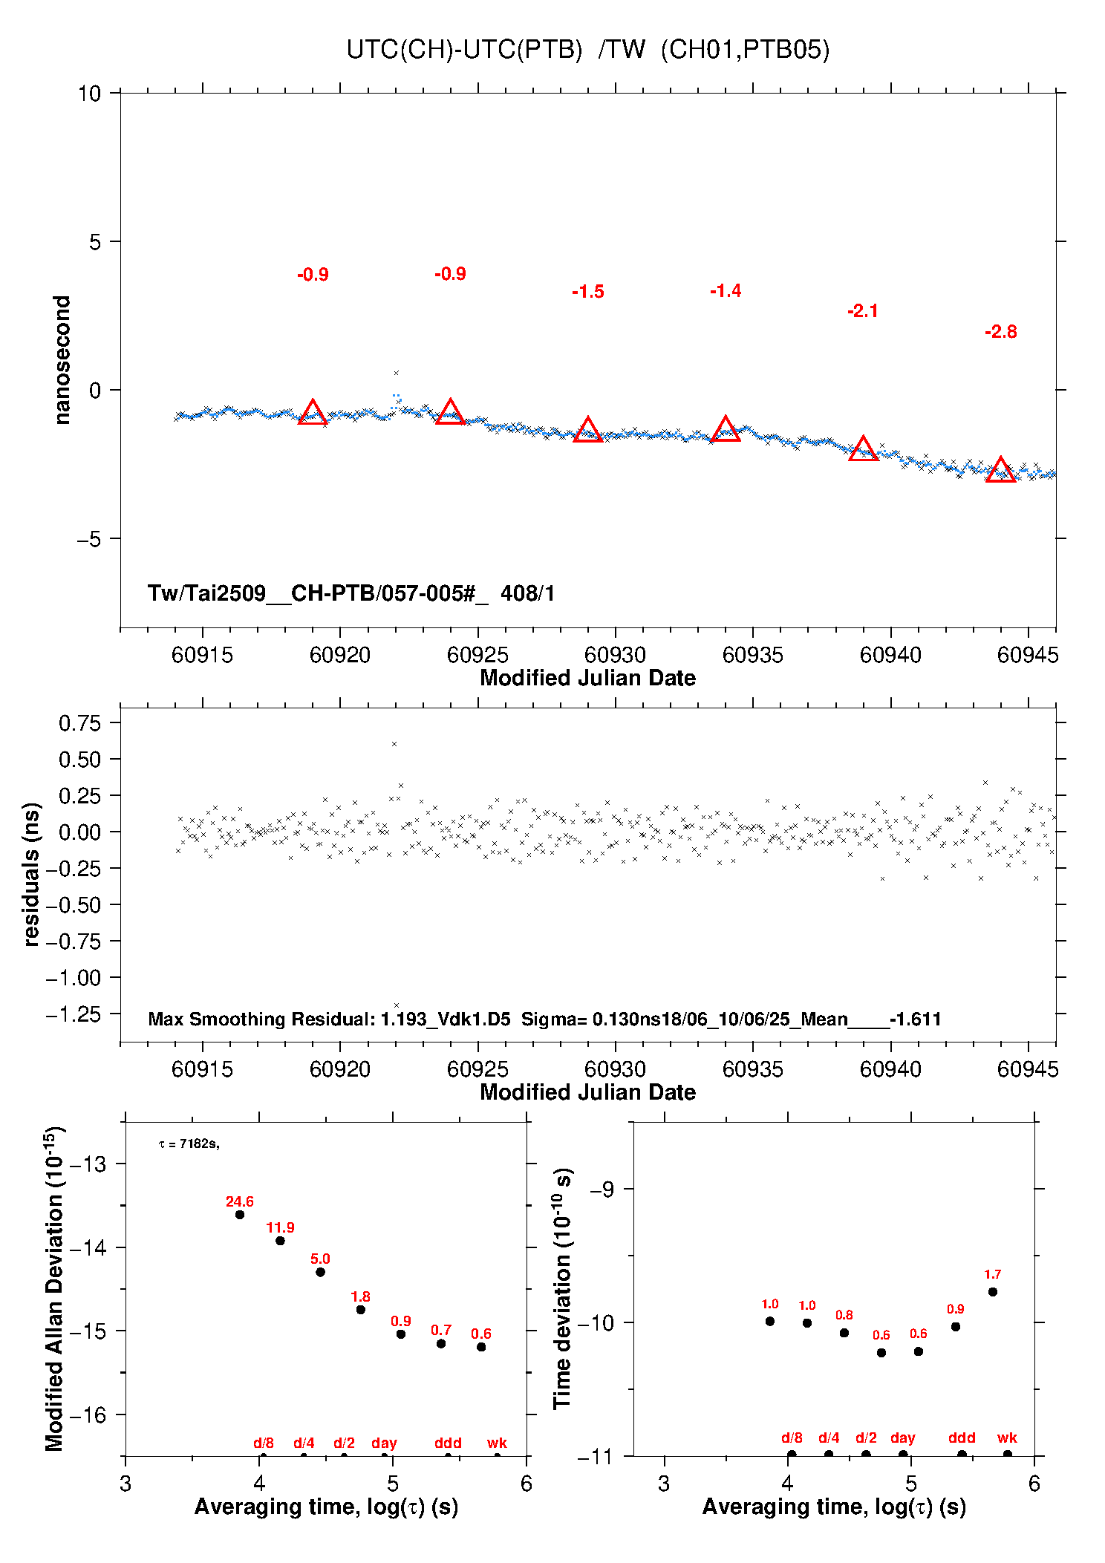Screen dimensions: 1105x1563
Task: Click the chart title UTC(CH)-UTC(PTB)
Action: (464, 50)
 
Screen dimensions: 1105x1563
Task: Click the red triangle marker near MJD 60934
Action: (726, 429)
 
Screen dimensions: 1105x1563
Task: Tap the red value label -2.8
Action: (1001, 332)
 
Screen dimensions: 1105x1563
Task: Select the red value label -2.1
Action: (863, 311)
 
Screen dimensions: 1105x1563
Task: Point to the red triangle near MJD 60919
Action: (313, 412)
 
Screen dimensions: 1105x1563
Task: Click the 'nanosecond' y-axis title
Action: (62, 360)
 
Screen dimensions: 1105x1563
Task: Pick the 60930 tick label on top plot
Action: (615, 655)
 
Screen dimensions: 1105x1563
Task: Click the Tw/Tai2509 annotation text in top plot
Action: (351, 593)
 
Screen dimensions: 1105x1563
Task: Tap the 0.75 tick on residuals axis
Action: (79, 723)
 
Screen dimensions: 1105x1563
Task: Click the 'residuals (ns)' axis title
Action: (30, 874)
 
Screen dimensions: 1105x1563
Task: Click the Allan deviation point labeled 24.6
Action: (240, 1215)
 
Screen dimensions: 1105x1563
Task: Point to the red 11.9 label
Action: (280, 1227)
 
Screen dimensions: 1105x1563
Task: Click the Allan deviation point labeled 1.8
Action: (360, 1310)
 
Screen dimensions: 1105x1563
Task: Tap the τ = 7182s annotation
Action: (189, 1144)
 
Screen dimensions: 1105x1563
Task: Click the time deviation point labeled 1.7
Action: (993, 1292)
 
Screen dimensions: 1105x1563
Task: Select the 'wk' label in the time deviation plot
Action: (1007, 1438)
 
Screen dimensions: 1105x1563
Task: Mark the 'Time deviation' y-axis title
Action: (564, 1289)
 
